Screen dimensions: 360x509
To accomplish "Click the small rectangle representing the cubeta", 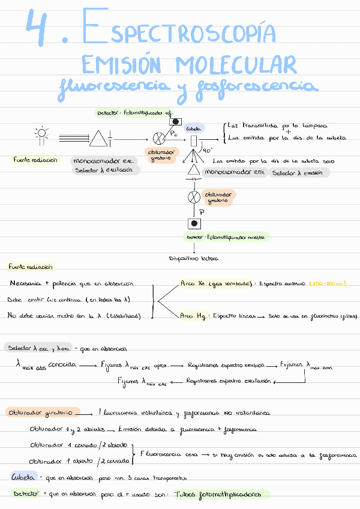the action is point(193,141).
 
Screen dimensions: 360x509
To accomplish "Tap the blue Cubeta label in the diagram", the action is point(193,128).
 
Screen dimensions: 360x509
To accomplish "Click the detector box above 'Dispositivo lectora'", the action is point(194,224).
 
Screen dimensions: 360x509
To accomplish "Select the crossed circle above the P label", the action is point(194,197).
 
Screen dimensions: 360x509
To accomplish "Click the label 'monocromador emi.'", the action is point(234,172).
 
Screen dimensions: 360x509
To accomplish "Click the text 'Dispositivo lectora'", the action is point(194,259).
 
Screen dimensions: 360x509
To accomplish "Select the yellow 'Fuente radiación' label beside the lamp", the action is point(36,160).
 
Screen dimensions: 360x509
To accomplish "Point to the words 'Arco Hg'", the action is point(193,315).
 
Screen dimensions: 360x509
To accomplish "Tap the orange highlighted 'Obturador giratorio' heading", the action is point(41,413).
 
